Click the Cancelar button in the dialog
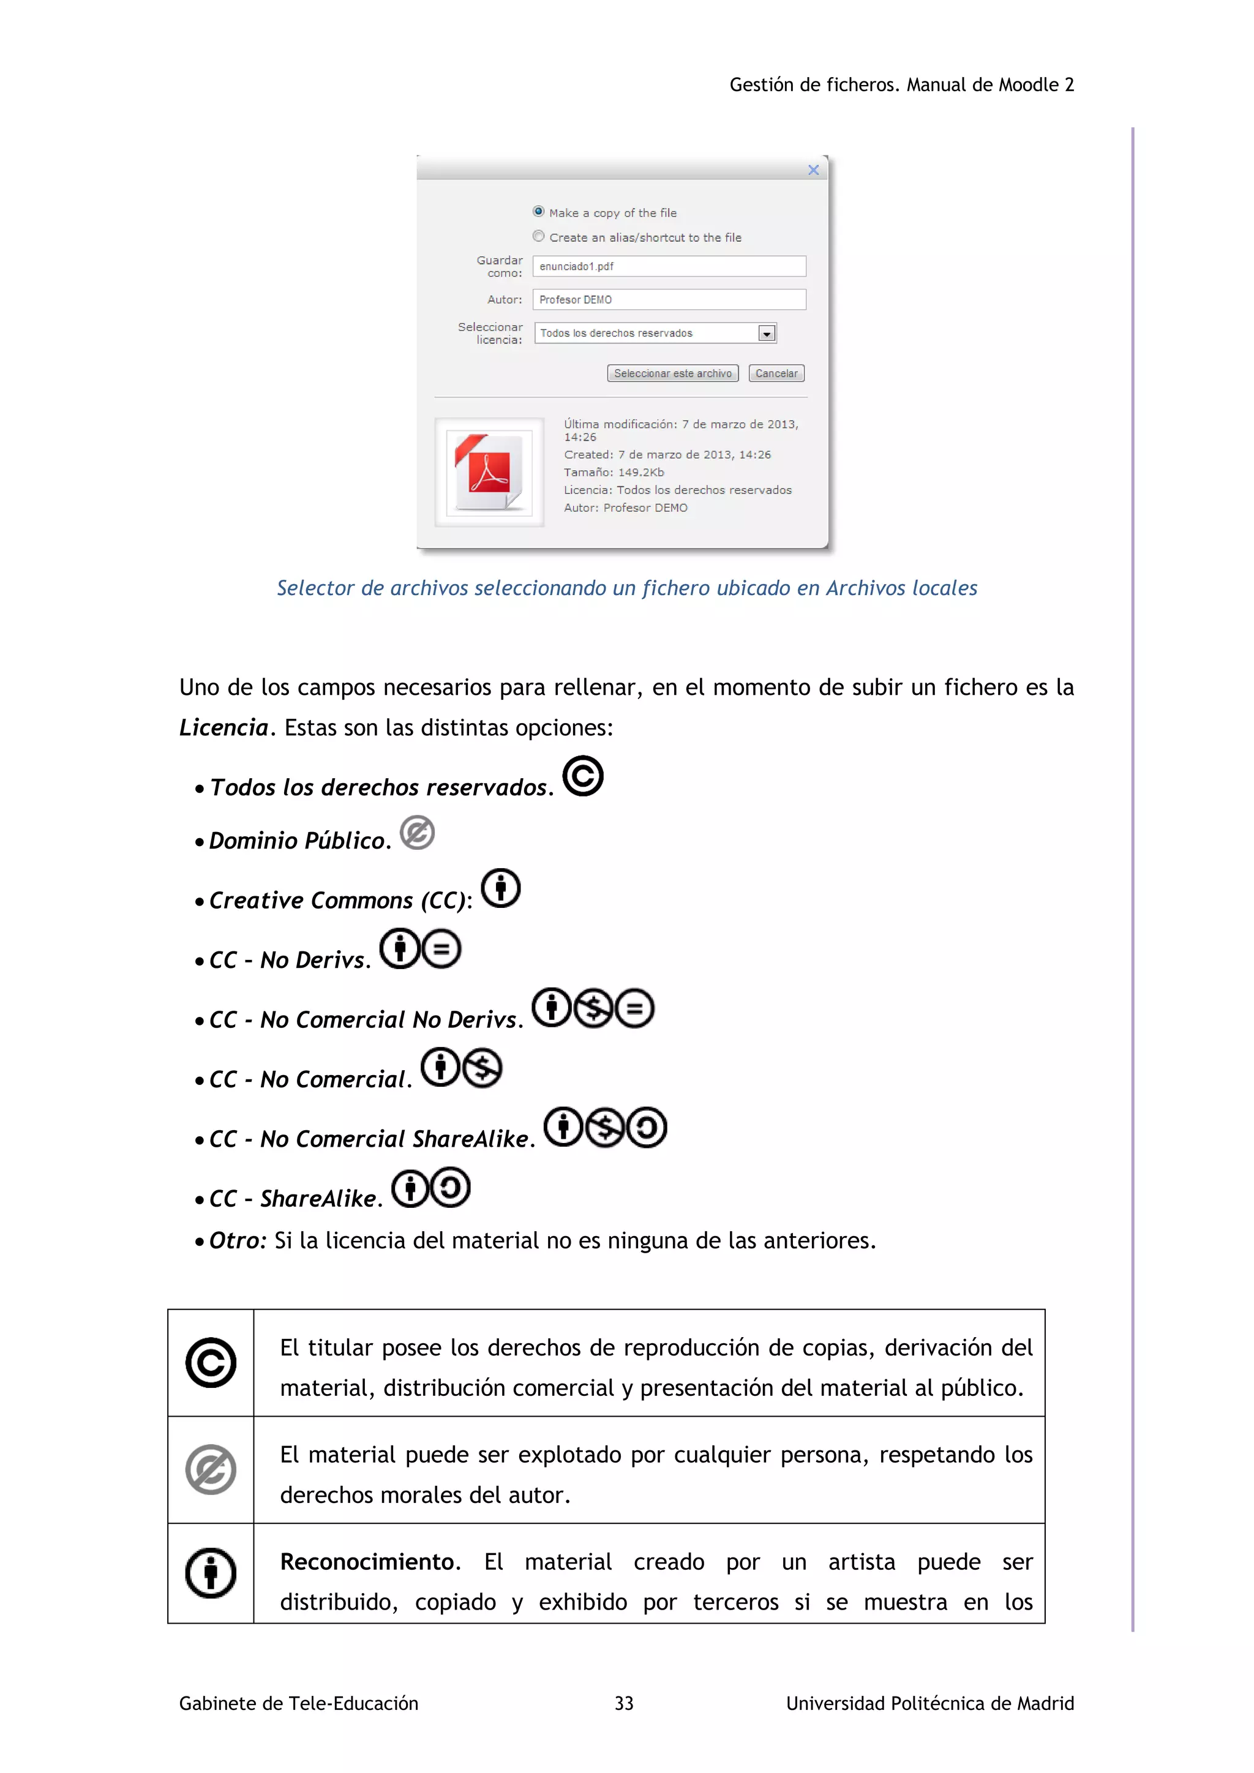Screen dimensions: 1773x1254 (776, 373)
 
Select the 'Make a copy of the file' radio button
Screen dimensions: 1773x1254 (538, 212)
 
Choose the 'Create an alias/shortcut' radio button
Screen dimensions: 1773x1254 (538, 236)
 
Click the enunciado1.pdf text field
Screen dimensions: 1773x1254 (669, 266)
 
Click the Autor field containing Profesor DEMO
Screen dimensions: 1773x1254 (669, 299)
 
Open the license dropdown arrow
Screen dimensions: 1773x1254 (766, 334)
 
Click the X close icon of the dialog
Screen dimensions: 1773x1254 (813, 170)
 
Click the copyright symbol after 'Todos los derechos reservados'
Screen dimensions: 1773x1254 (582, 776)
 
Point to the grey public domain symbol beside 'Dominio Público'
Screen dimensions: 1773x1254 (417, 833)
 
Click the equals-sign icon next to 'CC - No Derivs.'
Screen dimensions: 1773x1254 (441, 949)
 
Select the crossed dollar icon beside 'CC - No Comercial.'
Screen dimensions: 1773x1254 (482, 1069)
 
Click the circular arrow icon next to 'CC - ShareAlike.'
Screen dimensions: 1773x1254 (450, 1188)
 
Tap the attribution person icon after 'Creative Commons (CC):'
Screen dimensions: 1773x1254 (500, 888)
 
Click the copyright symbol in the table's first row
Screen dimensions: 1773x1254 (211, 1363)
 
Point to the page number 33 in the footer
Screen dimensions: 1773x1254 (624, 1703)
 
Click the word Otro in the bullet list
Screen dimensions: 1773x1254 (236, 1241)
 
